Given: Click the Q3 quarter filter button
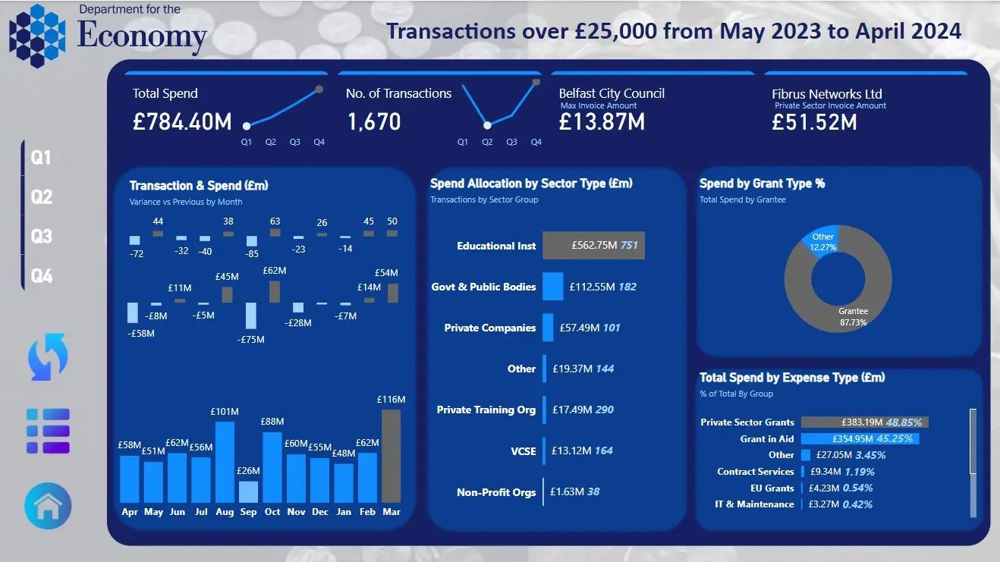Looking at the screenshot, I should coord(42,236).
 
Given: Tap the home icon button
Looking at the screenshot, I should coord(48,506).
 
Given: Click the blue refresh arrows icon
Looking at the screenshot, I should coord(48,356).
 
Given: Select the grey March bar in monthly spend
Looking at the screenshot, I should coord(391,455).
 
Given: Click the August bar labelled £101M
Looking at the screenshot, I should coord(225,461).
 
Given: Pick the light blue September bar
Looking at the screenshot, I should coord(248,491).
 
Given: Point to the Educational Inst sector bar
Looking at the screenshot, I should coord(593,246).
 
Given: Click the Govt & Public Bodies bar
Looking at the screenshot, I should coord(553,287).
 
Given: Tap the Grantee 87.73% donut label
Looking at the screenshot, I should coord(853,317).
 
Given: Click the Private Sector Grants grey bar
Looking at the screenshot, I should coord(864,422).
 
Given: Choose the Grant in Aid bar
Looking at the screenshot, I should coord(860,439).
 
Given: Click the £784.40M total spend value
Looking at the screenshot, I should coord(182,121).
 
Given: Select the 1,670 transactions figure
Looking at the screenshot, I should coord(374,121).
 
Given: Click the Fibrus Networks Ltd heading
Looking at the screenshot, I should coord(827,94).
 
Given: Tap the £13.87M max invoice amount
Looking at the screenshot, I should coord(602,121).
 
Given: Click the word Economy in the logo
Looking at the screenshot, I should coord(142,36).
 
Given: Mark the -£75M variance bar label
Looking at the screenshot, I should coord(250,340).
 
